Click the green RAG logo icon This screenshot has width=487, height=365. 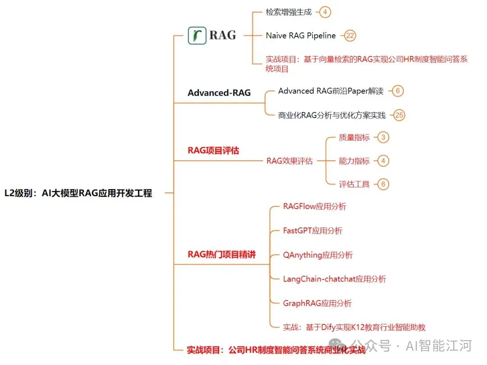pos(197,35)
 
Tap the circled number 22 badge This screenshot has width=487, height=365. pos(350,36)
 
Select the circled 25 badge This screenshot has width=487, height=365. pos(399,115)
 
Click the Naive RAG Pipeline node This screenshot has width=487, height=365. pos(301,36)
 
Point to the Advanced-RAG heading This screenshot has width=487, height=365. pos(219,93)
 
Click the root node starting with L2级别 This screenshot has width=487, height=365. pos(78,193)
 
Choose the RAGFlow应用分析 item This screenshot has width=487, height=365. pos(315,206)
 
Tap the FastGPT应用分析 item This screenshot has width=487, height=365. pos(312,231)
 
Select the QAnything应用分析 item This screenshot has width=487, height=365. pos(318,255)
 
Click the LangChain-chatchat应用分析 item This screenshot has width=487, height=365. pos(335,279)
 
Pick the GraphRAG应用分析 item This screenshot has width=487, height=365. pos(317,303)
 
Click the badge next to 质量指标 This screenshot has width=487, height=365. pos(383,137)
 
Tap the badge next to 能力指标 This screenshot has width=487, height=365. pos(383,161)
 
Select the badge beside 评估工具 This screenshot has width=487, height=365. pos(383,184)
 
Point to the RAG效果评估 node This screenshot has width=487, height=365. pos(289,161)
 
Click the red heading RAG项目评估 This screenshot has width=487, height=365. pos(213,151)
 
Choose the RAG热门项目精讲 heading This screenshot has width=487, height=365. pos(222,255)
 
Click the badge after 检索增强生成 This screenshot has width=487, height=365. pos(325,12)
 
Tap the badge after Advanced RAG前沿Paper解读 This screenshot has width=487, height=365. pos(397,91)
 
